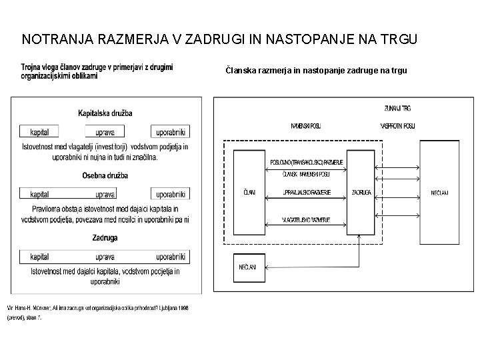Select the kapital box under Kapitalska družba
tap(39, 131)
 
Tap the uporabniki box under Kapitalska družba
tap(170, 131)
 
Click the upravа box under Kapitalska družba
tap(105, 131)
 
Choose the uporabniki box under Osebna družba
tap(170, 195)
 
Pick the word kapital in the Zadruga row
tap(39, 257)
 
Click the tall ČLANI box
tap(249, 193)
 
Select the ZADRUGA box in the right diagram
tap(361, 193)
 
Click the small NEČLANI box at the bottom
tap(249, 268)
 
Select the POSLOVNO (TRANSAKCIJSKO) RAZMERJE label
tap(306, 162)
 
